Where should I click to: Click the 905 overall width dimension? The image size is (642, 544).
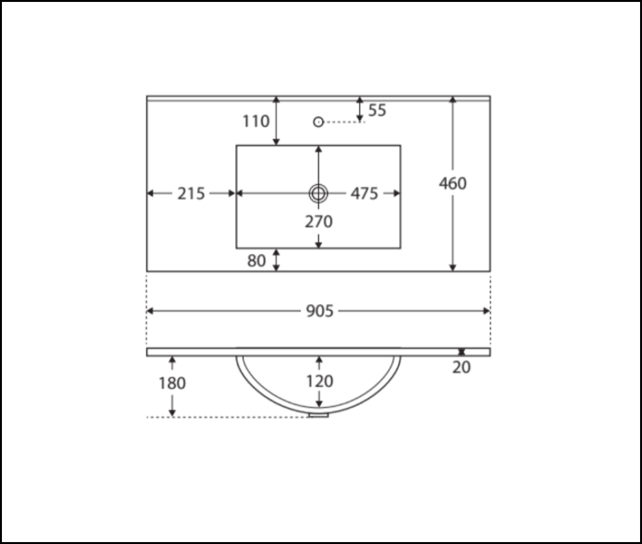(x=320, y=311)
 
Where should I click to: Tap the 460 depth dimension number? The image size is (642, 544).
(x=453, y=183)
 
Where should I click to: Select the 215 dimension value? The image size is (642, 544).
(x=191, y=194)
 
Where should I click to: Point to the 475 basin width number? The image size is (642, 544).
(x=364, y=194)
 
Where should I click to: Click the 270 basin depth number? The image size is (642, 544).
(x=318, y=222)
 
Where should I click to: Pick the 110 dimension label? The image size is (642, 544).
(x=256, y=121)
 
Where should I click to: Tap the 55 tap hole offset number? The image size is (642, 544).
(x=377, y=110)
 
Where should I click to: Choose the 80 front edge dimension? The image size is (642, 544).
(x=256, y=260)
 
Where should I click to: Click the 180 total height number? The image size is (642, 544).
(x=172, y=383)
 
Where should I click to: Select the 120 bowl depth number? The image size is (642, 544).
(x=320, y=381)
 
